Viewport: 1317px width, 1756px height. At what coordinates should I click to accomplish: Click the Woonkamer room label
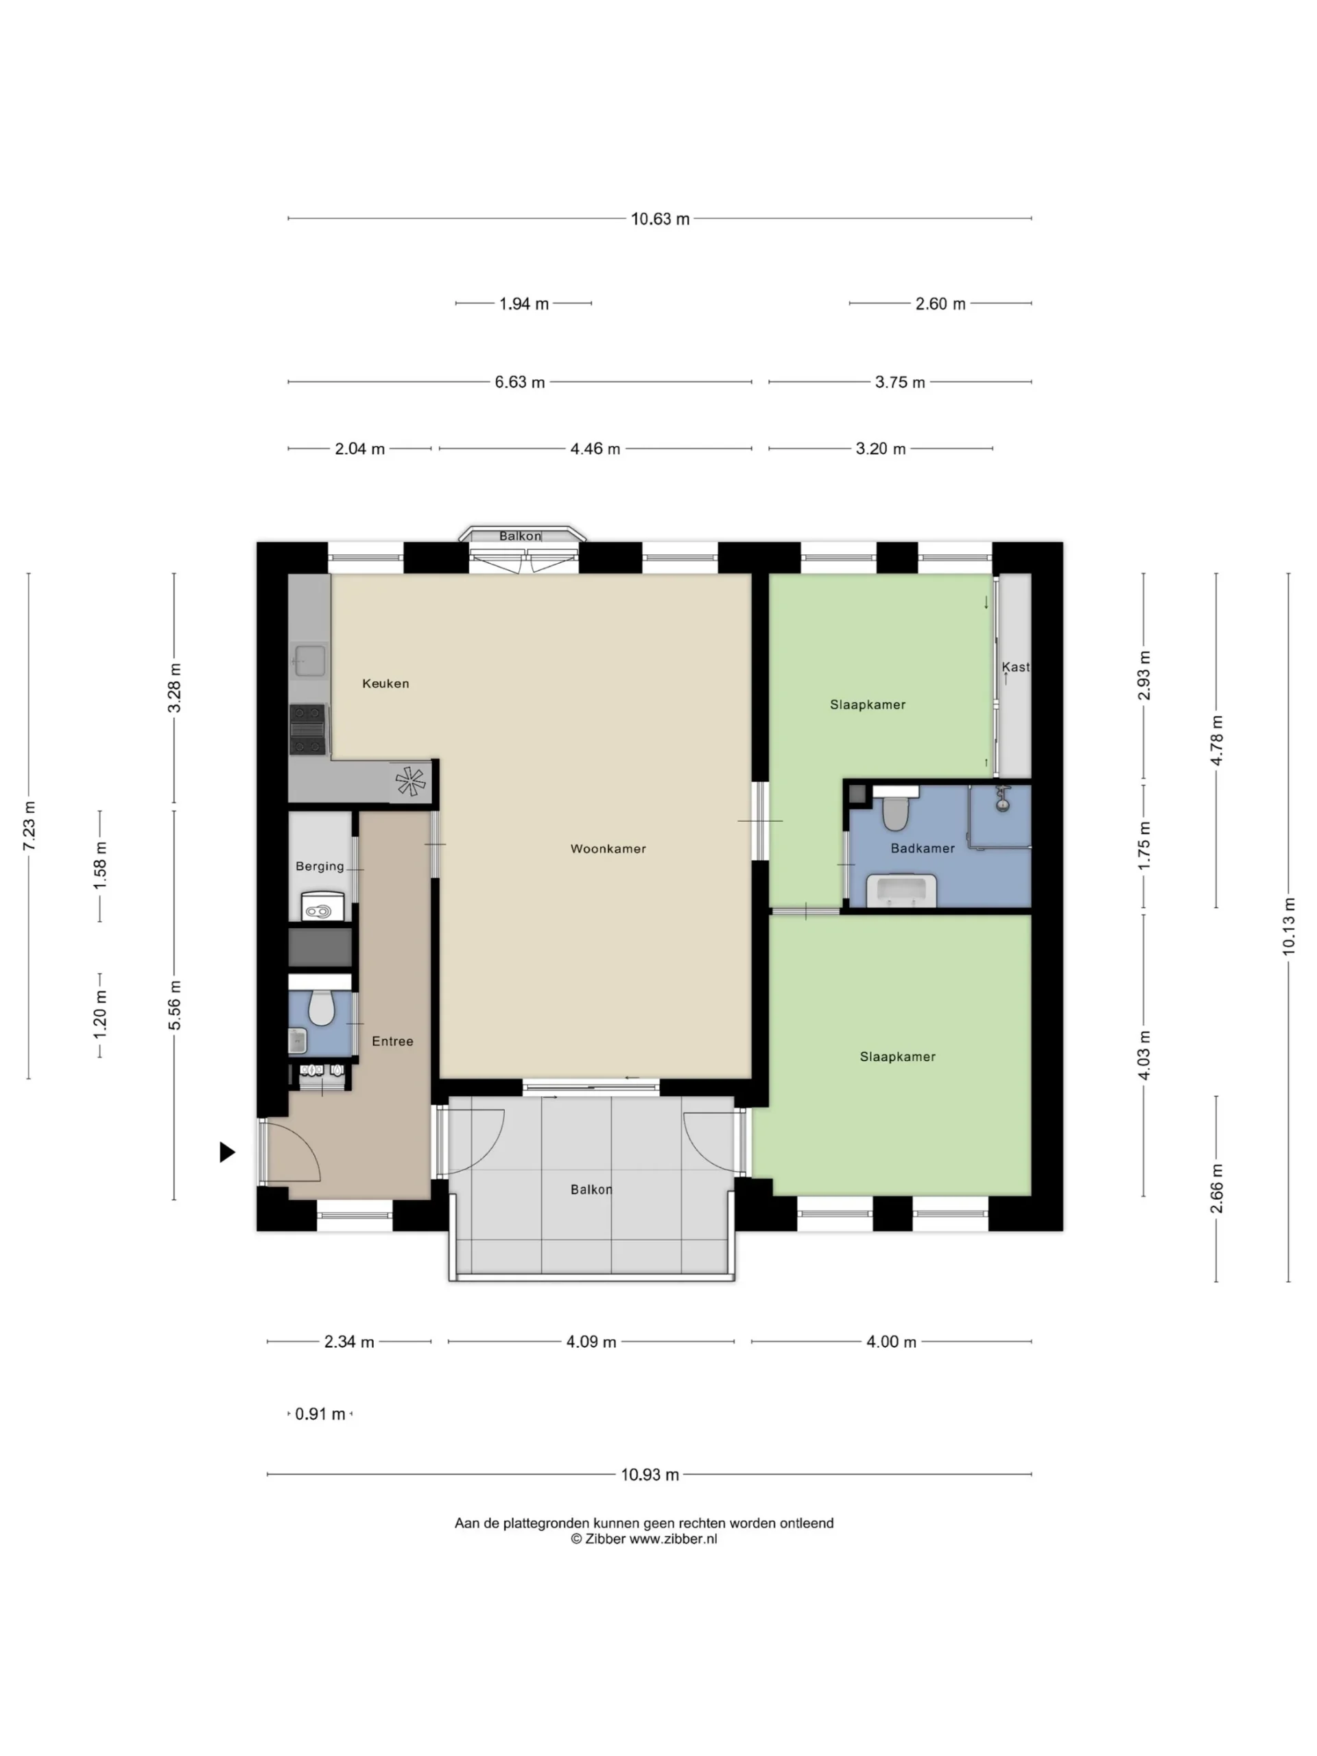click(x=608, y=849)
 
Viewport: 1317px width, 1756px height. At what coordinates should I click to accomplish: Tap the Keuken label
click(x=385, y=683)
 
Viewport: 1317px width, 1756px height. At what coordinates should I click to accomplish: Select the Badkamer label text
click(x=923, y=849)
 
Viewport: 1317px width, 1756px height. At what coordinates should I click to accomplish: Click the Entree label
click(x=392, y=1041)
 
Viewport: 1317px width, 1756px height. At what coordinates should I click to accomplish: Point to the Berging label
click(x=320, y=866)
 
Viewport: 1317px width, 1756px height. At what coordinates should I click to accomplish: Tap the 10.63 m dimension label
click(x=660, y=219)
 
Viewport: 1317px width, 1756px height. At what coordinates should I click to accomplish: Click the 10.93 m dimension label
click(x=650, y=1475)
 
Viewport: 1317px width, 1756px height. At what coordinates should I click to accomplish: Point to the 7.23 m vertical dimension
click(x=29, y=826)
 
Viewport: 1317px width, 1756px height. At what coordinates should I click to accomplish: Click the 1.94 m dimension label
click(x=524, y=304)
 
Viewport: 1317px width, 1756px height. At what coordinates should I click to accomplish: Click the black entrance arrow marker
click(x=227, y=1152)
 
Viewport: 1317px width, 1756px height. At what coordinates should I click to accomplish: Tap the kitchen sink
click(x=309, y=661)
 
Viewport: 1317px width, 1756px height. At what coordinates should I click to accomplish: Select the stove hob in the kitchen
click(x=307, y=728)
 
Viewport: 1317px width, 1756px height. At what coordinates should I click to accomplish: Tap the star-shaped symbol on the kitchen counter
click(x=410, y=781)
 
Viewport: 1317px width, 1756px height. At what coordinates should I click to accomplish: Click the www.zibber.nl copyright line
click(x=644, y=1539)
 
